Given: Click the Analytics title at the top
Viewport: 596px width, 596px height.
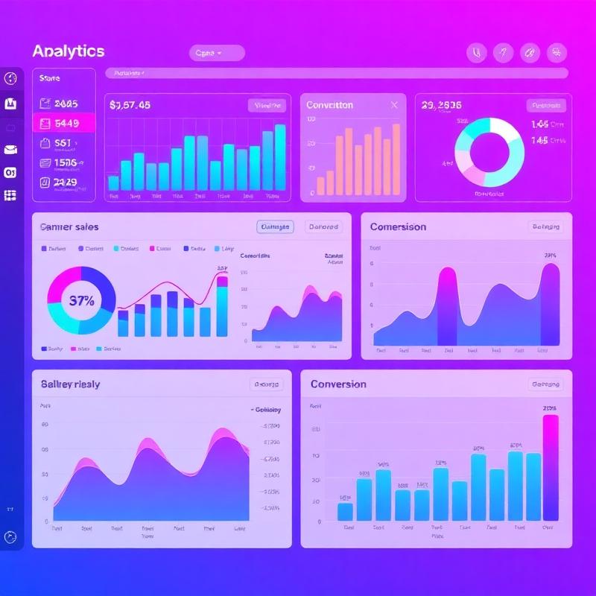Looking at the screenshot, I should (x=69, y=51).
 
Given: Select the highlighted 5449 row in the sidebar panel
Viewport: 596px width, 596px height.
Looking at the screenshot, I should (x=64, y=123).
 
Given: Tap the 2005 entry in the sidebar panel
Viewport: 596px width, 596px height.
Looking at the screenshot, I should (x=64, y=104).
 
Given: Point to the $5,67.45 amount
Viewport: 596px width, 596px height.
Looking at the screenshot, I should (x=130, y=105).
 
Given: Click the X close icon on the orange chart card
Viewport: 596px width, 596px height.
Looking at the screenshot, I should (x=394, y=105).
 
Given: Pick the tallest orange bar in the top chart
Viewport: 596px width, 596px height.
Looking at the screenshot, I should (x=396, y=159).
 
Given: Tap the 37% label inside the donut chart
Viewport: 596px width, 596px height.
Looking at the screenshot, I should (x=81, y=301).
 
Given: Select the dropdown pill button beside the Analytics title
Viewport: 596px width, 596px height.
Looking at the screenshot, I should (x=217, y=53).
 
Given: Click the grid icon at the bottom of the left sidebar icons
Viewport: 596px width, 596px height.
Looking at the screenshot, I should (x=10, y=195).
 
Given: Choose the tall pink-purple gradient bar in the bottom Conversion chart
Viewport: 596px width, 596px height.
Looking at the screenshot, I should (x=551, y=467).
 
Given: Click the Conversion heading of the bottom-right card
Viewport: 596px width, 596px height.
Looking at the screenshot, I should (x=338, y=384).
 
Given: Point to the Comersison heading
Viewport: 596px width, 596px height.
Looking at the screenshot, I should (x=398, y=226).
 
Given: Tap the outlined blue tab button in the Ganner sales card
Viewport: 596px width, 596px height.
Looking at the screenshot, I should (x=275, y=226).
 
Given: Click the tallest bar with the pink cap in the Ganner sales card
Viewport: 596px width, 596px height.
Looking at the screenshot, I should (x=222, y=305).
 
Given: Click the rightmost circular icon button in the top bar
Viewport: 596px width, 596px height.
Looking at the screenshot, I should (x=557, y=53).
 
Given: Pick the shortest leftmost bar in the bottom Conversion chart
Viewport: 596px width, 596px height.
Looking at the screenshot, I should (x=345, y=511).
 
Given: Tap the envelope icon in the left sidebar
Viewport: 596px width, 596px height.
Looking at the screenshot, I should (x=10, y=150).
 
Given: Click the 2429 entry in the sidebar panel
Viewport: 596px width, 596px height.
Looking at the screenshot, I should (x=64, y=181).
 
